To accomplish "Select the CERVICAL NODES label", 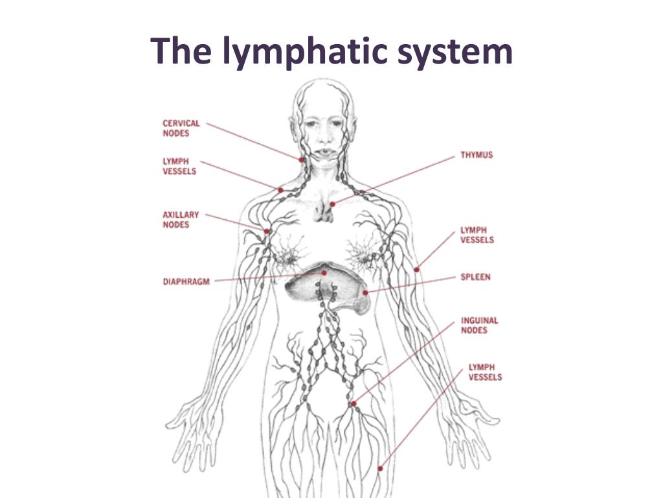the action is point(181,128).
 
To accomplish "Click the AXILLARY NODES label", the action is point(181,219).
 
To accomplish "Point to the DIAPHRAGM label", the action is point(186,281).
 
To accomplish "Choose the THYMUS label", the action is point(477,156).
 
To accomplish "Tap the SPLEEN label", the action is point(475,277).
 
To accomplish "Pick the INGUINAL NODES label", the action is point(479,325).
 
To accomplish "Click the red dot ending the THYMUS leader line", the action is point(332,204).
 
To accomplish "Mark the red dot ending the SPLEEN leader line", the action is point(366,292).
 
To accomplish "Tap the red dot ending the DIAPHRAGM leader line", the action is point(324,274).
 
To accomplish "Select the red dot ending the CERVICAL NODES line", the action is point(302,159).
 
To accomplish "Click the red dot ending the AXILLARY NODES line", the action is point(266,231).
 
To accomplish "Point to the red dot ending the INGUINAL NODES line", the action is point(354,403).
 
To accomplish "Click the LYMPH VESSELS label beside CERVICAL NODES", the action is point(179,166).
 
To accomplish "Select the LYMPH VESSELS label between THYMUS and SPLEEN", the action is point(477,235).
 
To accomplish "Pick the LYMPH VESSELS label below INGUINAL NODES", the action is point(485,372).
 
